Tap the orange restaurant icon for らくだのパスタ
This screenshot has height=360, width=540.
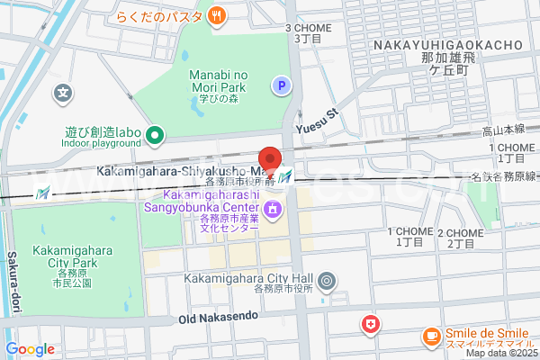coord(217,14)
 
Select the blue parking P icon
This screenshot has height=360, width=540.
coord(282,85)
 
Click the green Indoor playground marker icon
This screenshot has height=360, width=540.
coord(155,137)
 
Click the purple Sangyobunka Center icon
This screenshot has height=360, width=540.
coord(273,211)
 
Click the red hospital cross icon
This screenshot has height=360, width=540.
coord(369,323)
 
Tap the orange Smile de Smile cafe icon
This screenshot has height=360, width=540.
coord(431,337)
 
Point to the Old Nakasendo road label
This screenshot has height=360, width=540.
coord(218,317)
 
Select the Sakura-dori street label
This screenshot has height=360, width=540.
coord(13,283)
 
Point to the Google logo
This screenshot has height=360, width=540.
coord(30,349)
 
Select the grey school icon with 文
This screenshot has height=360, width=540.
coord(62,92)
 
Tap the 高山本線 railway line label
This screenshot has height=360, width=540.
coord(504,130)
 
